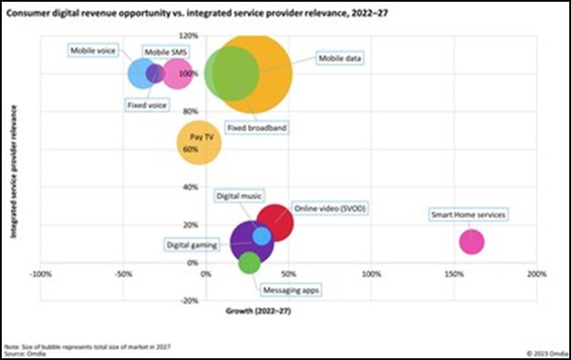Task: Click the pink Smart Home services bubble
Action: pyautogui.click(x=472, y=241)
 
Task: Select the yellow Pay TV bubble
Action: pyautogui.click(x=199, y=143)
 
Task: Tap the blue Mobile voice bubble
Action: pyautogui.click(x=141, y=74)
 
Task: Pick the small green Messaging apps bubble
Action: pyautogui.click(x=249, y=262)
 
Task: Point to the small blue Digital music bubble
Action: pyautogui.click(x=261, y=235)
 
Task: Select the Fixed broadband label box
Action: pyautogui.click(x=256, y=127)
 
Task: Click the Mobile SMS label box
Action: pyautogui.click(x=164, y=53)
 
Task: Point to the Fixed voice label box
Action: pyautogui.click(x=147, y=106)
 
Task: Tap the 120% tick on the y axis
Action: pyautogui.click(x=189, y=36)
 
